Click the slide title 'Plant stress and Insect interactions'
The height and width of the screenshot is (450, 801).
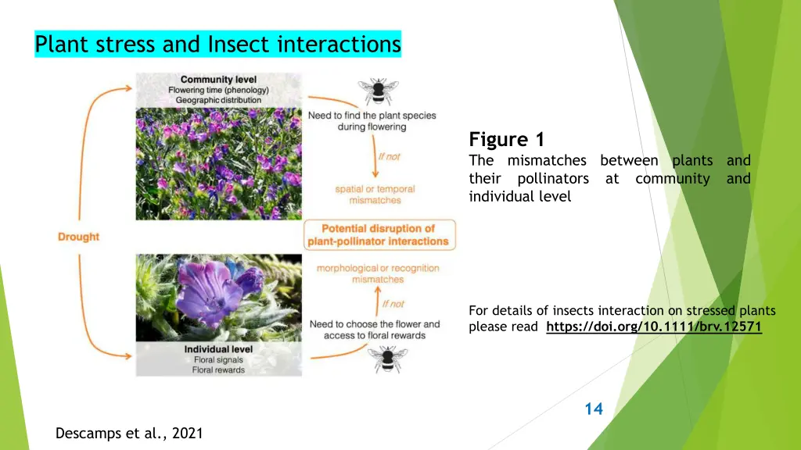[x=217, y=45]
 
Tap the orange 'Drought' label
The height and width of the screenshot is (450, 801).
[x=78, y=237]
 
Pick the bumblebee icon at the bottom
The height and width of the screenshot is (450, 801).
[x=385, y=359]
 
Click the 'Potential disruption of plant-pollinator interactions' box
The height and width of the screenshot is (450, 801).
[x=379, y=234]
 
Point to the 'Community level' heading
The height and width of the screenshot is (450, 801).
[x=218, y=80]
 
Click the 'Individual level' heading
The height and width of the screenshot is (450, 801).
[x=218, y=349]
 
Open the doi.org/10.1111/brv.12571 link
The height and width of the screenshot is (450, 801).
[x=653, y=327]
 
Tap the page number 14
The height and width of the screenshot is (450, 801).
[x=594, y=409]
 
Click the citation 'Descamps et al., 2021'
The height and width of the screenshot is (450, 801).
[x=129, y=433]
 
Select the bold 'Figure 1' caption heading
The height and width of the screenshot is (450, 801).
[x=506, y=140]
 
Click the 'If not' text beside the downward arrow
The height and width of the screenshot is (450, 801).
[x=389, y=156]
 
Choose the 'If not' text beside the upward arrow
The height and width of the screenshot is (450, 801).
[x=393, y=304]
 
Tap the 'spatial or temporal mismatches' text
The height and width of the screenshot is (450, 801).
[x=375, y=195]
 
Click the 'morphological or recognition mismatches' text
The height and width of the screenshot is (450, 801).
[x=378, y=273]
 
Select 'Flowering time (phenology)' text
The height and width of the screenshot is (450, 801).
[x=218, y=90]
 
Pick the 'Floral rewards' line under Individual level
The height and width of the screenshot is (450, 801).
[x=218, y=370]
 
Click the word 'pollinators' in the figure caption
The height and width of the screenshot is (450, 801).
[x=553, y=179]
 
